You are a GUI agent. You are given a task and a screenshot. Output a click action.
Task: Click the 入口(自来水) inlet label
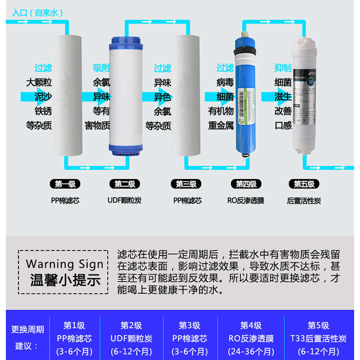[38, 13]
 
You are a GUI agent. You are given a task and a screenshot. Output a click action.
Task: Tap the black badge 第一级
[65, 184]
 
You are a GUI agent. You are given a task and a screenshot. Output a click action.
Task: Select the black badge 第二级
[125, 184]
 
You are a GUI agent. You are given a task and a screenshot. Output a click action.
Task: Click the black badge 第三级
[186, 184]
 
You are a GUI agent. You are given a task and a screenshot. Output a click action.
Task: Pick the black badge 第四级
[246, 184]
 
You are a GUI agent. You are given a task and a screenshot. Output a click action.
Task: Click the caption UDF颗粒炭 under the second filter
[125, 201]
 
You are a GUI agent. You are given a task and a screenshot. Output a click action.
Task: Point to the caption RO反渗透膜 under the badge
[246, 201]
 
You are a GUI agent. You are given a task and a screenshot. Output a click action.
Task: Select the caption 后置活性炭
[304, 201]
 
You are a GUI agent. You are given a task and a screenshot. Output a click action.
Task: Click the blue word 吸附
[101, 68]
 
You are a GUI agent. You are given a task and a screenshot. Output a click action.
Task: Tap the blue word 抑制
[283, 68]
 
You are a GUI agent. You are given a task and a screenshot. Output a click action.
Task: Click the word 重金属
[220, 125]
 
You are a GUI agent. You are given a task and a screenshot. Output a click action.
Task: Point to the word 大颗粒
[39, 83]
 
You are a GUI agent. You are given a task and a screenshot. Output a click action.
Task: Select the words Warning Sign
[64, 264]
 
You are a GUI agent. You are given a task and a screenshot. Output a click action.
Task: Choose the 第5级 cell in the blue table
[318, 325]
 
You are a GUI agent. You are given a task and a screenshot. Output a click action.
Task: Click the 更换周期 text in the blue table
[27, 329]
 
